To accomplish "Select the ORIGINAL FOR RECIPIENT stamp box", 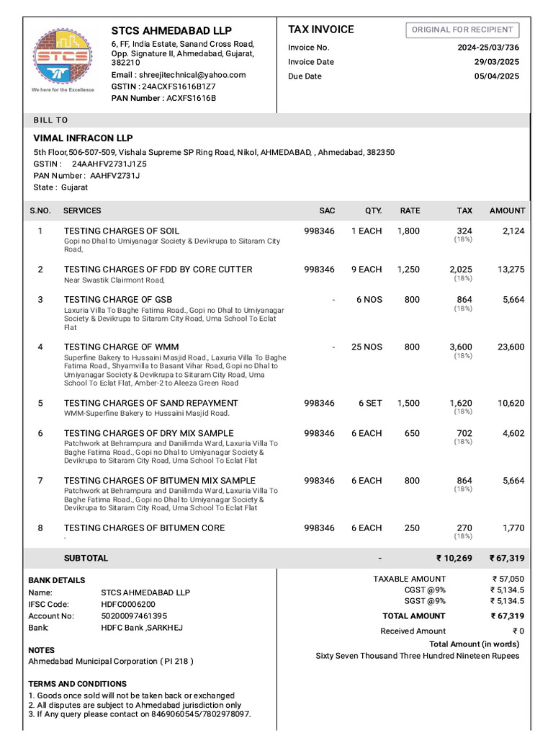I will coord(462,30).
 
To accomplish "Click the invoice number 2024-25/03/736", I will coord(488,48).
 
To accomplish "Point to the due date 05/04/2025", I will coord(496,76).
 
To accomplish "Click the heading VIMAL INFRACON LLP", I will coord(83,138).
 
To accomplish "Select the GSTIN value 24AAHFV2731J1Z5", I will coord(109,164).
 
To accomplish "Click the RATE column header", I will coord(410,210).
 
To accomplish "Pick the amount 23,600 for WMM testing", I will coord(511,347).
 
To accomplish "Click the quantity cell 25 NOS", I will coord(367,347).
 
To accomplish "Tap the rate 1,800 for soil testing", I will coord(408,231).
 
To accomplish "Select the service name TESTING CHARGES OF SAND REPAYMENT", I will coord(150,403).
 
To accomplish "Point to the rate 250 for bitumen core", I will coord(412,528).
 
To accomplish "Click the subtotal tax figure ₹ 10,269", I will coord(454,558).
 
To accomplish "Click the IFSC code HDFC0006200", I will coord(128,604).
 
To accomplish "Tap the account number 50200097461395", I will coord(134,615).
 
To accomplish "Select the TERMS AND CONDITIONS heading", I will coord(77,683).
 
